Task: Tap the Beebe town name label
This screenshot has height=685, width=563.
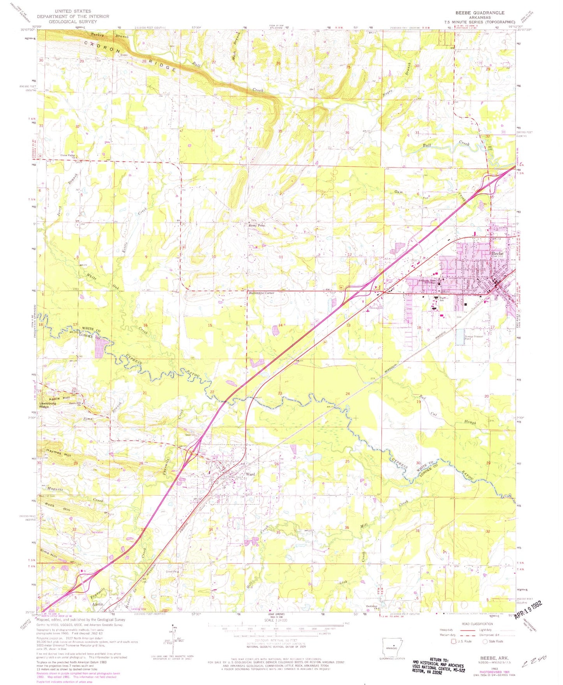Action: click(x=497, y=253)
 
